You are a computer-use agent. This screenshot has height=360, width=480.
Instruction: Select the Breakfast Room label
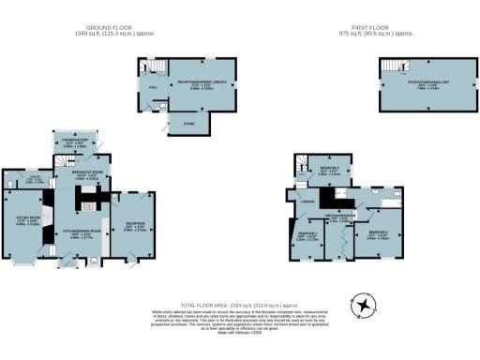(x=86, y=176)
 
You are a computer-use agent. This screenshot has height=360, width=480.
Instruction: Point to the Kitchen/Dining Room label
(x=86, y=234)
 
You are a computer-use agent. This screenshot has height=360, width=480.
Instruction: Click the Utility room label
(x=33, y=180)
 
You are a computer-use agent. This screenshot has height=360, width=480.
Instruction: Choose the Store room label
(x=189, y=122)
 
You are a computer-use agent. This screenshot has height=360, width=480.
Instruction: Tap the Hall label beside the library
(x=153, y=91)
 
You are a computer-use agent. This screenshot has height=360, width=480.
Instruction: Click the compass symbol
(x=362, y=306)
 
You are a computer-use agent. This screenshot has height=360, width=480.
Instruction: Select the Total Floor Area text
(x=239, y=306)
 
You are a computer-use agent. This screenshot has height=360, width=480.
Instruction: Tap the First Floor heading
(x=375, y=29)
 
